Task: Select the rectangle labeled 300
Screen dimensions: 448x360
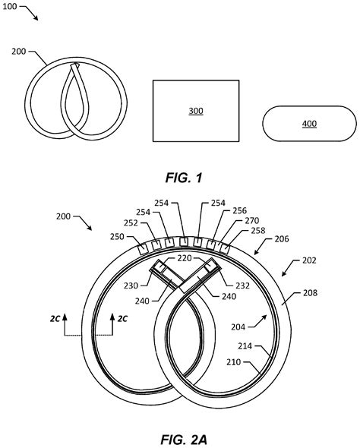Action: click(x=196, y=111)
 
